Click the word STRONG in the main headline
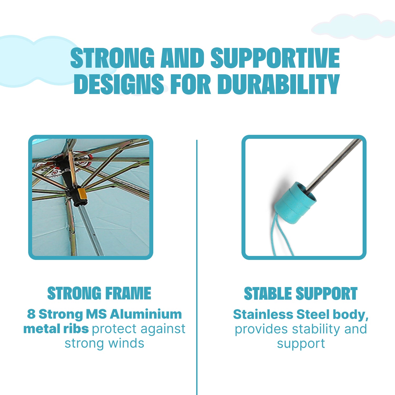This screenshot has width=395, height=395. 112,58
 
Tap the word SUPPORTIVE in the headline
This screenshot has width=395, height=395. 275,58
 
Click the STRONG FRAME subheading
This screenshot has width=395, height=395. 99,293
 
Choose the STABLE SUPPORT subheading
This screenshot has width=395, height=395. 301,293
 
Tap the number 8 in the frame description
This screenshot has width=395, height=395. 31,314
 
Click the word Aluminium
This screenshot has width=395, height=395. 146,314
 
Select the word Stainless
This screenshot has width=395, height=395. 263,314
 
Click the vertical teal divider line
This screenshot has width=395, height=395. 197,267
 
